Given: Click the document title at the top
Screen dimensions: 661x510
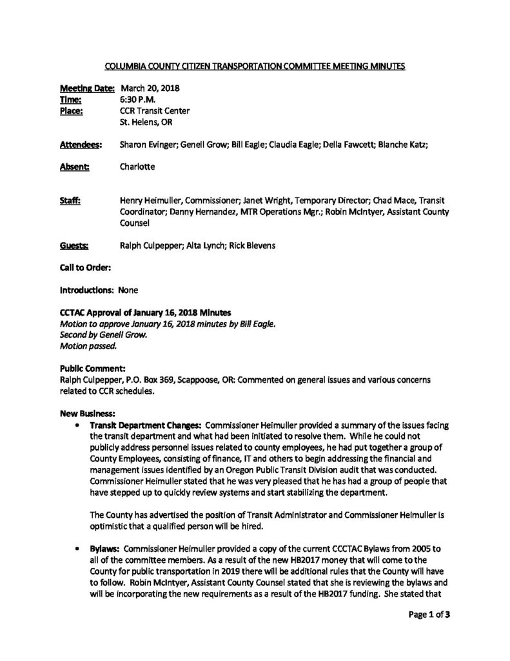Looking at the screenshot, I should pyautogui.click(x=255, y=66).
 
